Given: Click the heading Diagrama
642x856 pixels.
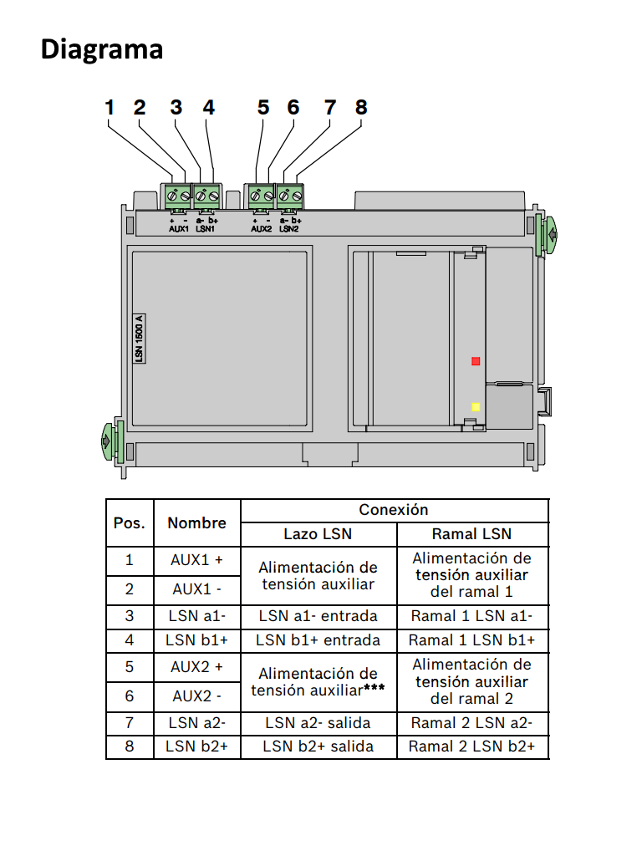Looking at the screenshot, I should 101,49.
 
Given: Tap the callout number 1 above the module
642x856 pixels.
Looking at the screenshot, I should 110,108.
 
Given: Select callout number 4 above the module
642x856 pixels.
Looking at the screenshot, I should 208,108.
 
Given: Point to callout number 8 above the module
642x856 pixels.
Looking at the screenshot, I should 361,108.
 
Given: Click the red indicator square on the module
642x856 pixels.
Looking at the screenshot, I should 476,361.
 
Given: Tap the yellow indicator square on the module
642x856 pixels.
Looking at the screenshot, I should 476,407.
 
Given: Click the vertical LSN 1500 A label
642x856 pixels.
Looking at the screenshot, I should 140,337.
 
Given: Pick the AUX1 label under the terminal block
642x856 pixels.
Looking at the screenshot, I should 179,228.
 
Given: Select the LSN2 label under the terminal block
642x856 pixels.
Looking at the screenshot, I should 289,228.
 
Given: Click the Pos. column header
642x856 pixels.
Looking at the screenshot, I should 130,523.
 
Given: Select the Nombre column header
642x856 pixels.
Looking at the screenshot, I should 196,523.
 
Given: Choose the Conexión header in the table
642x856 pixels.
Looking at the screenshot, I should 394,510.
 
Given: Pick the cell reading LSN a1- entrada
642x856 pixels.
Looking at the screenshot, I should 318,617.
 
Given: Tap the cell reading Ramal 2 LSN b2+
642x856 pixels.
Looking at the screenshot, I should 471,746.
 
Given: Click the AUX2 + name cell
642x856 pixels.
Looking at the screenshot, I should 196,667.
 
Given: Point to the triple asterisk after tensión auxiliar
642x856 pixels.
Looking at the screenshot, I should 374,690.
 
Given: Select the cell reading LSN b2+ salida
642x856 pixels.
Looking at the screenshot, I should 318,746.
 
